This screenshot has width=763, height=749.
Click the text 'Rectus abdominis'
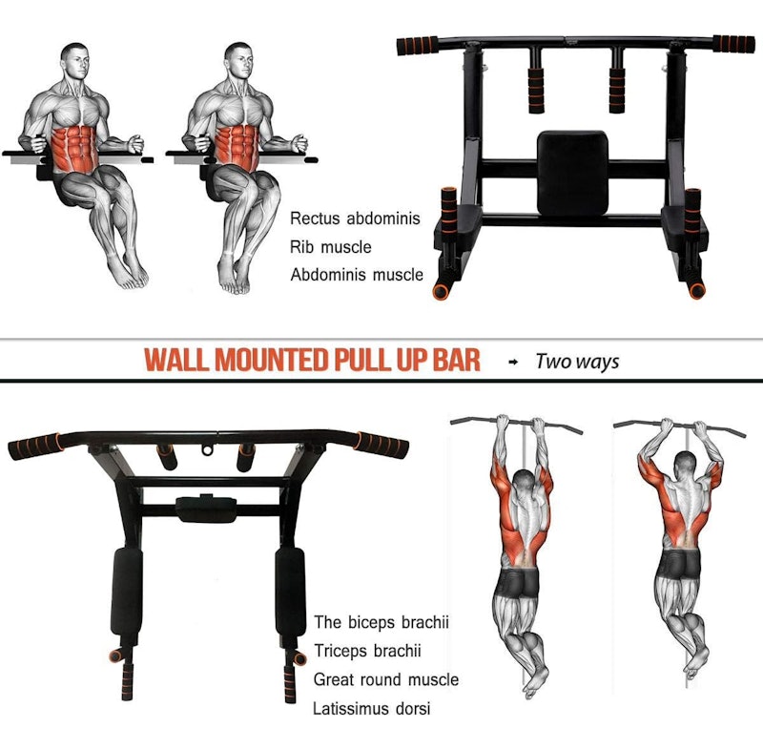tap(355, 218)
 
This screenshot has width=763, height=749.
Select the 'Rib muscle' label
tap(330, 247)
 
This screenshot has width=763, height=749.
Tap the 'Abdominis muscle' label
tap(357, 275)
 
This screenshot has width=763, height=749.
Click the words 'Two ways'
tap(577, 362)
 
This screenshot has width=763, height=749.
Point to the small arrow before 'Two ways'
tap(513, 362)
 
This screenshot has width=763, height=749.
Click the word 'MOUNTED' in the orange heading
tap(271, 360)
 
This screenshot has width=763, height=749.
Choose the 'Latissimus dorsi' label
tap(372, 708)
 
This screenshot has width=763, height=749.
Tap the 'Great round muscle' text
tap(386, 679)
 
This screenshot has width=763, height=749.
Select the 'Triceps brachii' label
tap(367, 651)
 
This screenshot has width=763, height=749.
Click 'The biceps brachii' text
tap(381, 622)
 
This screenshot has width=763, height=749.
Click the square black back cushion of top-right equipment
tap(572, 173)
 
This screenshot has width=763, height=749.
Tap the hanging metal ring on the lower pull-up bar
tap(208, 449)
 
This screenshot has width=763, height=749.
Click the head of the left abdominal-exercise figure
tap(76, 61)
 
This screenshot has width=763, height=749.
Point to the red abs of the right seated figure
tap(237, 146)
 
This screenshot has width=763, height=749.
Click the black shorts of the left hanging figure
tap(518, 584)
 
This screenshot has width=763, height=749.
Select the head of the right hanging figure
tap(686, 466)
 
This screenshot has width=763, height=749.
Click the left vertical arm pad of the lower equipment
tap(126, 592)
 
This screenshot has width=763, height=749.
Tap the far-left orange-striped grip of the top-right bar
tap(418, 46)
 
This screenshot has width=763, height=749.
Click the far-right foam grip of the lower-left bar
tap(383, 445)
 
